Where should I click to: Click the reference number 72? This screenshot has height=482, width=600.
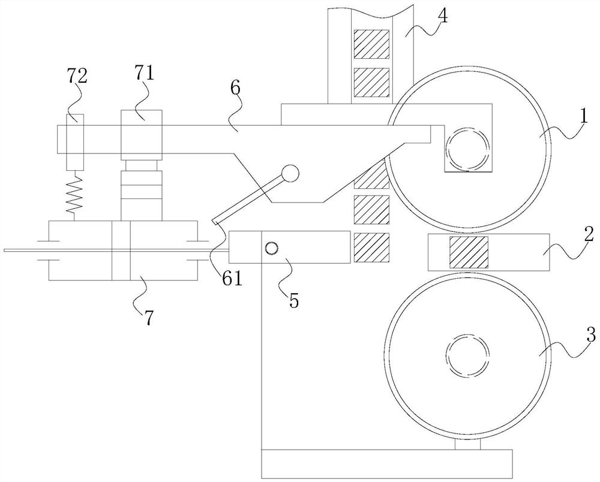coord(77,76)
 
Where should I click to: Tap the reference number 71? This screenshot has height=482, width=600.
coord(143,73)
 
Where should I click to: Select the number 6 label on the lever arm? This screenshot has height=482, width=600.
coord(235,88)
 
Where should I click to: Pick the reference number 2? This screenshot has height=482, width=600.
coord(589,234)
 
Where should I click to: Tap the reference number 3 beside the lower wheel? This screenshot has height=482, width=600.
coord(591,335)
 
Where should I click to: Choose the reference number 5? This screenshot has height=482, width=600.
coord(294,300)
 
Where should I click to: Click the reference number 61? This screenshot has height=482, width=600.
coord(231,279)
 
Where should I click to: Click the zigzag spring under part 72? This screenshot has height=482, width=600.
coord(75,195)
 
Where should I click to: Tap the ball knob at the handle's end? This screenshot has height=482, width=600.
coord(289,173)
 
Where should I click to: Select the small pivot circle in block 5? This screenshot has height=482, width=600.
coord(272,249)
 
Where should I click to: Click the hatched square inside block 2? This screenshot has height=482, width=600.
coord(469,252)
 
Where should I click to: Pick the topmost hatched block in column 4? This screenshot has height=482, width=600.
coord(371,44)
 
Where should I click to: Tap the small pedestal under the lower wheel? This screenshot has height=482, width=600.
coord(467,444)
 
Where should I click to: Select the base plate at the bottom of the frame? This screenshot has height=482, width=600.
coord(387,464)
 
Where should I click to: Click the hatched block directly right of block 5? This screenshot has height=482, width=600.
coord(371,248)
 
